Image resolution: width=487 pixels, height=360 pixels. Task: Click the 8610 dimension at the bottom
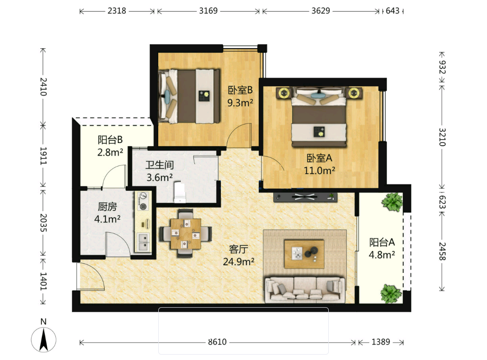217,342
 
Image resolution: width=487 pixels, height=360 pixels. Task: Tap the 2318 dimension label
117,11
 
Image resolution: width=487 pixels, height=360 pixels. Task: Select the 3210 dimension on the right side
442,137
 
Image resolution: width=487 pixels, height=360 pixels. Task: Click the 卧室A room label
319,158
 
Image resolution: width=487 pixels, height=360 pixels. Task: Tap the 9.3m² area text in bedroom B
240,102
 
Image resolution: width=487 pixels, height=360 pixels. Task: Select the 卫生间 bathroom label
159,165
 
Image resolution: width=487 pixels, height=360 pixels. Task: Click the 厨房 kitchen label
107,207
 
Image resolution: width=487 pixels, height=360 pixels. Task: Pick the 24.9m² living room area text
239,262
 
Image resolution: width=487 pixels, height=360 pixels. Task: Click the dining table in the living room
186,234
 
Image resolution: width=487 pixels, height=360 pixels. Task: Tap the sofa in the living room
305,290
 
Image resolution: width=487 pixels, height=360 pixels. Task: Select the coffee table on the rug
304,254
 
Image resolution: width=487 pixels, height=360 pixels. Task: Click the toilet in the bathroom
179,192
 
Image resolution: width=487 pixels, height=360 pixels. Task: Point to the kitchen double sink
143,242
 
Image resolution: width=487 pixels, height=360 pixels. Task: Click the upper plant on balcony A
392,202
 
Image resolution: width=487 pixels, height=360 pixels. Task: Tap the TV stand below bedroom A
305,197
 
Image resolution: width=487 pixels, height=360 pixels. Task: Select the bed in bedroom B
189,96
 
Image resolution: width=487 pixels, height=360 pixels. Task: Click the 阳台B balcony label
110,140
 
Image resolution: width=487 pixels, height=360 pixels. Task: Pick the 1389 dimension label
381,342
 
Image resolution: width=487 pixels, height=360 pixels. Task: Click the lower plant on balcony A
391,294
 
